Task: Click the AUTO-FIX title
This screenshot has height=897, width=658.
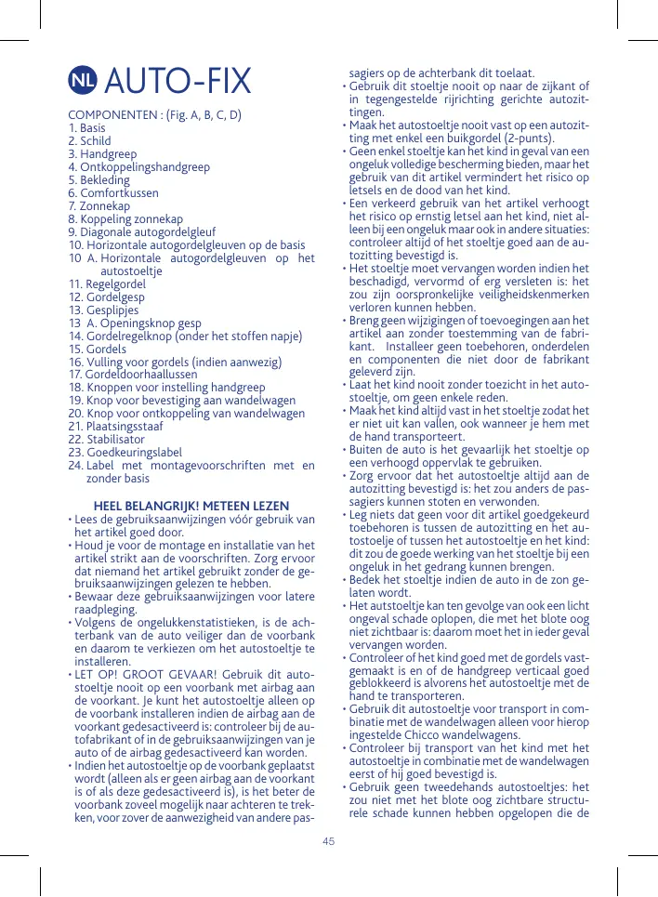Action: (x=178, y=82)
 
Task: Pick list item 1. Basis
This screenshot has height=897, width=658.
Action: (x=86, y=128)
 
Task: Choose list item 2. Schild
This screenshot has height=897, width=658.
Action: (x=89, y=141)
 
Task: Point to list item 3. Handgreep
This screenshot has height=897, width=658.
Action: (x=98, y=154)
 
